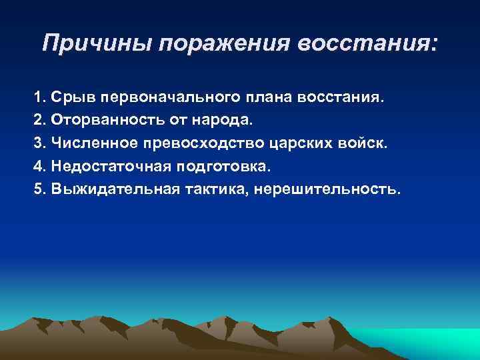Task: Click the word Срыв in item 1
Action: (71, 98)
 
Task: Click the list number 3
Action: (38, 143)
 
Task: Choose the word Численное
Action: (87, 143)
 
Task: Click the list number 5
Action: (38, 189)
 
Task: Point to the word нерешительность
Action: (329, 189)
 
